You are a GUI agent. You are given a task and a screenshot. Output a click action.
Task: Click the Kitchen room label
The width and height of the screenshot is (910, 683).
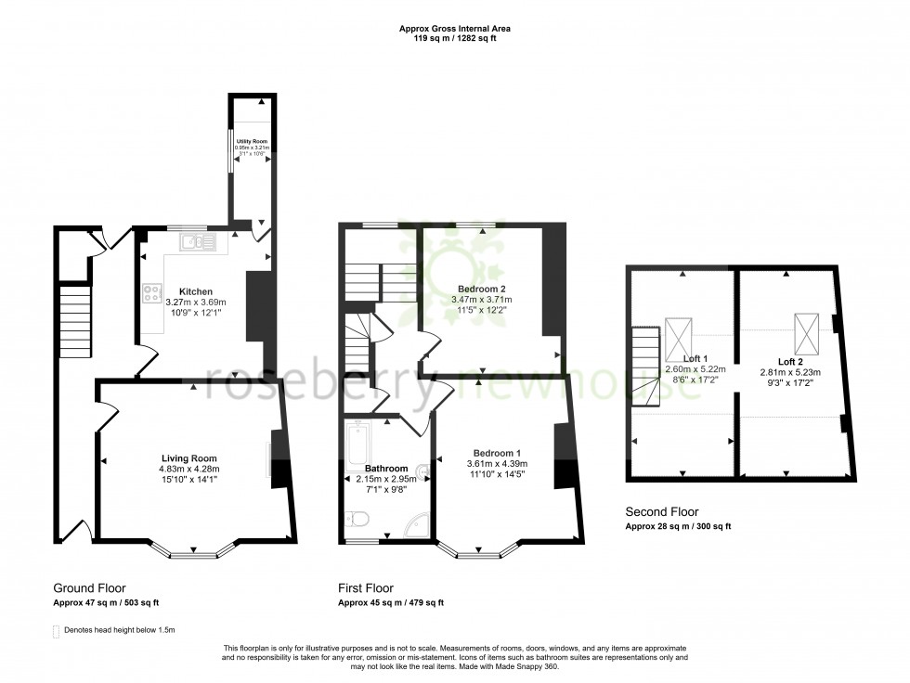tap(196, 291)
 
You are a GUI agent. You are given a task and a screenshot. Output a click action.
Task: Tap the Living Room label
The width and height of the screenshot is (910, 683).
tap(189, 457)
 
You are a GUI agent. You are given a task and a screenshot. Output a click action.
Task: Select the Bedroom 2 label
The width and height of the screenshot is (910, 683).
tap(482, 289)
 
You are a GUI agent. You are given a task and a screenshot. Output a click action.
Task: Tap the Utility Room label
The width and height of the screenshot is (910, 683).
tap(251, 141)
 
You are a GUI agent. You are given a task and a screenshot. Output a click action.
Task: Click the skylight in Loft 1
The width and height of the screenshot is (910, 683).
tap(679, 340)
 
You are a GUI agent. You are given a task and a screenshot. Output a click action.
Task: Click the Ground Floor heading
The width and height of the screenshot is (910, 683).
tap(89, 588)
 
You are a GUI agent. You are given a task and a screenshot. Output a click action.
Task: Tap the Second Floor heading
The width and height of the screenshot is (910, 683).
tap(662, 511)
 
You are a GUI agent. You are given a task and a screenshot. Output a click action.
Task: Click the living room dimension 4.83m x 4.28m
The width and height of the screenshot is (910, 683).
tap(189, 469)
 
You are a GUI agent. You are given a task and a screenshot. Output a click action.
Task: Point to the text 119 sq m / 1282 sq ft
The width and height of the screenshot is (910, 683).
tap(455, 40)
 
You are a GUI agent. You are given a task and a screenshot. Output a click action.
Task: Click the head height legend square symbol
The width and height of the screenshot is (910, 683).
tap(57, 630)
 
